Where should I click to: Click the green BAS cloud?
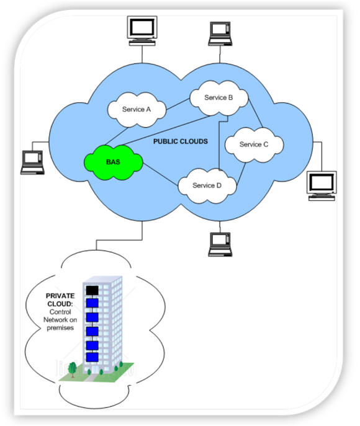point(114,162)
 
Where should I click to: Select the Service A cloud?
point(137,110)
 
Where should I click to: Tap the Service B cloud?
point(219,98)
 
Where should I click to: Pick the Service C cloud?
point(254,145)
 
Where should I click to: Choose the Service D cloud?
point(207,186)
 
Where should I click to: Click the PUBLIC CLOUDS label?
point(181,141)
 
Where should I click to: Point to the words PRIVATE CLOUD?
point(60,300)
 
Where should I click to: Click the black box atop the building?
point(92,290)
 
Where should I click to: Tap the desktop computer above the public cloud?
point(142,31)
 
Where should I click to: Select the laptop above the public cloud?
point(220,33)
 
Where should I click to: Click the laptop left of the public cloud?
point(32,162)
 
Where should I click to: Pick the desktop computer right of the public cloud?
point(322,186)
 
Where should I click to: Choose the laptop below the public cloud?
point(220,244)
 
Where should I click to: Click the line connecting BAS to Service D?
point(160,174)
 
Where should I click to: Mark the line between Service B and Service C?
point(255,114)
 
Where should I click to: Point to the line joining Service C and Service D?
point(241,174)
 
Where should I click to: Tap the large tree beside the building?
point(72,370)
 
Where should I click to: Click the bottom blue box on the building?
point(92,357)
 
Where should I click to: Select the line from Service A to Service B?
point(178,104)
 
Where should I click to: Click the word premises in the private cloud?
point(60,327)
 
